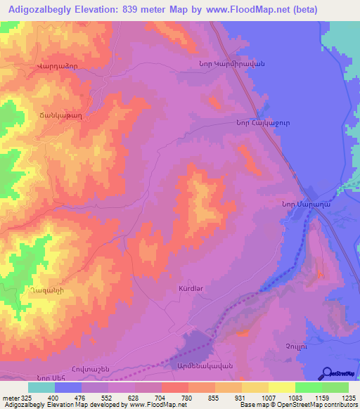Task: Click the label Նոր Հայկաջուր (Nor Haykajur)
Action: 257,122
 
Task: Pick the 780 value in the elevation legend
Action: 187,398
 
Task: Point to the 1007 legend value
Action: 267,398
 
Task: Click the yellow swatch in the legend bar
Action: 281,387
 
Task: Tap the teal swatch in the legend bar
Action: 41,387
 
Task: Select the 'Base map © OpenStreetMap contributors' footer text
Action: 296,405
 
